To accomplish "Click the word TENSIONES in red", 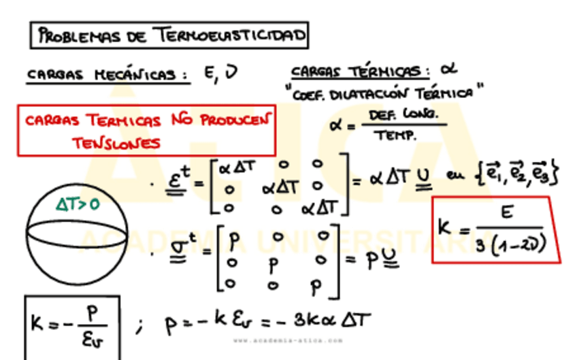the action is [x=117, y=143].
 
